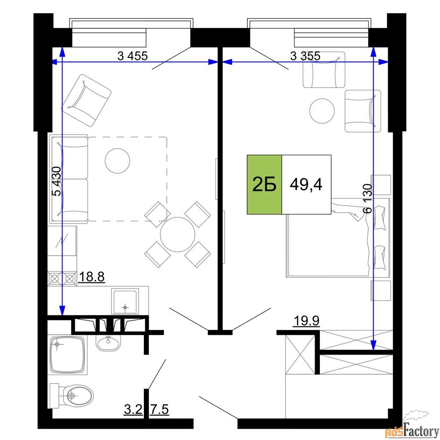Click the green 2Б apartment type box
click(264, 184)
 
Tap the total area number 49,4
click(306, 185)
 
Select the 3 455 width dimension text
click(132, 56)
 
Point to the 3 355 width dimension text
click(305, 56)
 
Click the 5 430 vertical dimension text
click(57, 181)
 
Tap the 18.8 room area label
click(92, 277)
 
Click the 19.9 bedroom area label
click(306, 320)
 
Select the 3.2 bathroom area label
click(133, 409)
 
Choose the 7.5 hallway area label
click(160, 409)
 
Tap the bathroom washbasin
click(108, 342)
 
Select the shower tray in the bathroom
click(67, 355)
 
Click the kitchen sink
click(125, 301)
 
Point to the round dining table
click(178, 235)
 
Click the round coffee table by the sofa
click(117, 161)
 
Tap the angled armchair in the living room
click(86, 100)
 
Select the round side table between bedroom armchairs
click(322, 111)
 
